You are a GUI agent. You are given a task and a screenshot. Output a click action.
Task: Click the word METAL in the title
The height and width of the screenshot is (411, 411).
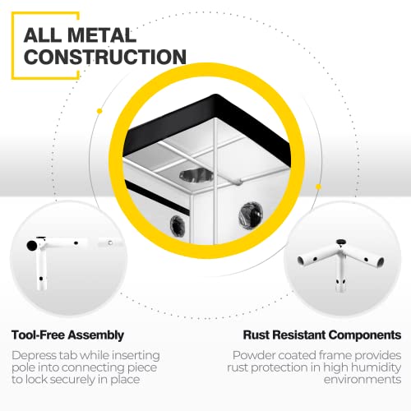click(101, 35)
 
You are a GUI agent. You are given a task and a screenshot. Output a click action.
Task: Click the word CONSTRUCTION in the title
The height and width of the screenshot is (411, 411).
click(105, 57)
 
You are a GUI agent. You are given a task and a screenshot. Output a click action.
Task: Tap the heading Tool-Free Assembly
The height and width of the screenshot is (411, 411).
click(67, 335)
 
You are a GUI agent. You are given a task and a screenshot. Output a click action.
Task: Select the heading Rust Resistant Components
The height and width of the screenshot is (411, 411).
click(322, 335)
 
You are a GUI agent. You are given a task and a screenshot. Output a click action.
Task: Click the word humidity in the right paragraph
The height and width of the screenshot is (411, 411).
click(376, 367)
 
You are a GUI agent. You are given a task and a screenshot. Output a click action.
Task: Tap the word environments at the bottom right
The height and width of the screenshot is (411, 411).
click(363, 380)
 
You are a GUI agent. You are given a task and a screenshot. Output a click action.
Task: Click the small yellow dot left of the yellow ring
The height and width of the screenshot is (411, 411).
click(99, 111)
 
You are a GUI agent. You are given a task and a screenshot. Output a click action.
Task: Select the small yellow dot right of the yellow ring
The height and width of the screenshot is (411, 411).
click(318, 187)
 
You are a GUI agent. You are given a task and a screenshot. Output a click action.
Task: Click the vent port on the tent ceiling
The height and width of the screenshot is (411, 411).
click(196, 175)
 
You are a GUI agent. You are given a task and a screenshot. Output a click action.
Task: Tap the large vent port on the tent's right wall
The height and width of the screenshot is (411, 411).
click(251, 215)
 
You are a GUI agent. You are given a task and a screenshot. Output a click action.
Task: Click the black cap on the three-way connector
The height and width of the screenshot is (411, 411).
click(341, 242)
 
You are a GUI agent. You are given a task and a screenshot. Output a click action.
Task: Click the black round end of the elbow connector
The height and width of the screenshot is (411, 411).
click(32, 246)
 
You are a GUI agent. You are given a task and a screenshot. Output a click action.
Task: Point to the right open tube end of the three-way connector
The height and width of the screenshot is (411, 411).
click(381, 262)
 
